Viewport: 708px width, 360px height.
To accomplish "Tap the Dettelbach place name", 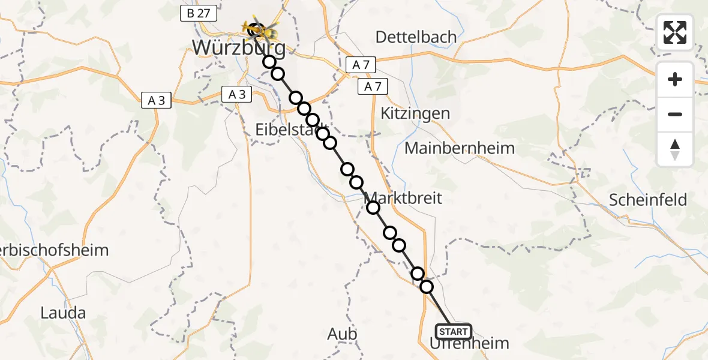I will pos(416,37).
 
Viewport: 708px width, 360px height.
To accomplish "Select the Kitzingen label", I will pos(415,113).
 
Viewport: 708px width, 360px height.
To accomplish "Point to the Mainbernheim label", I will pos(460,148).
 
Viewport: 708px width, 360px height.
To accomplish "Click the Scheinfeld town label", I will pos(648,200).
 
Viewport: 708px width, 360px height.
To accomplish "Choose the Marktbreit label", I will pos(403,197).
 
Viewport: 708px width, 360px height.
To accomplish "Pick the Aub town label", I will pos(343,334).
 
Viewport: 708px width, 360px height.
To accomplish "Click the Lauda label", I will pos(63,313).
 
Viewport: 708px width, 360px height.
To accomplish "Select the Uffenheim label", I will pos(469,344).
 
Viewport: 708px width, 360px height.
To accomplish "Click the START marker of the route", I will pos(454,331).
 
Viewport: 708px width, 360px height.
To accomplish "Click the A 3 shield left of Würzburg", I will pos(157,101).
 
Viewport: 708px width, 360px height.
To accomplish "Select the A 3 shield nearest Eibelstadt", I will pos(237,94).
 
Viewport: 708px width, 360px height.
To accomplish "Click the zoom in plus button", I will pos(675,79).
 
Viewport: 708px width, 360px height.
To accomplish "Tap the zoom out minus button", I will pos(675,114).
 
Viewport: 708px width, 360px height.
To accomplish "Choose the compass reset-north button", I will pos(675,149).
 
